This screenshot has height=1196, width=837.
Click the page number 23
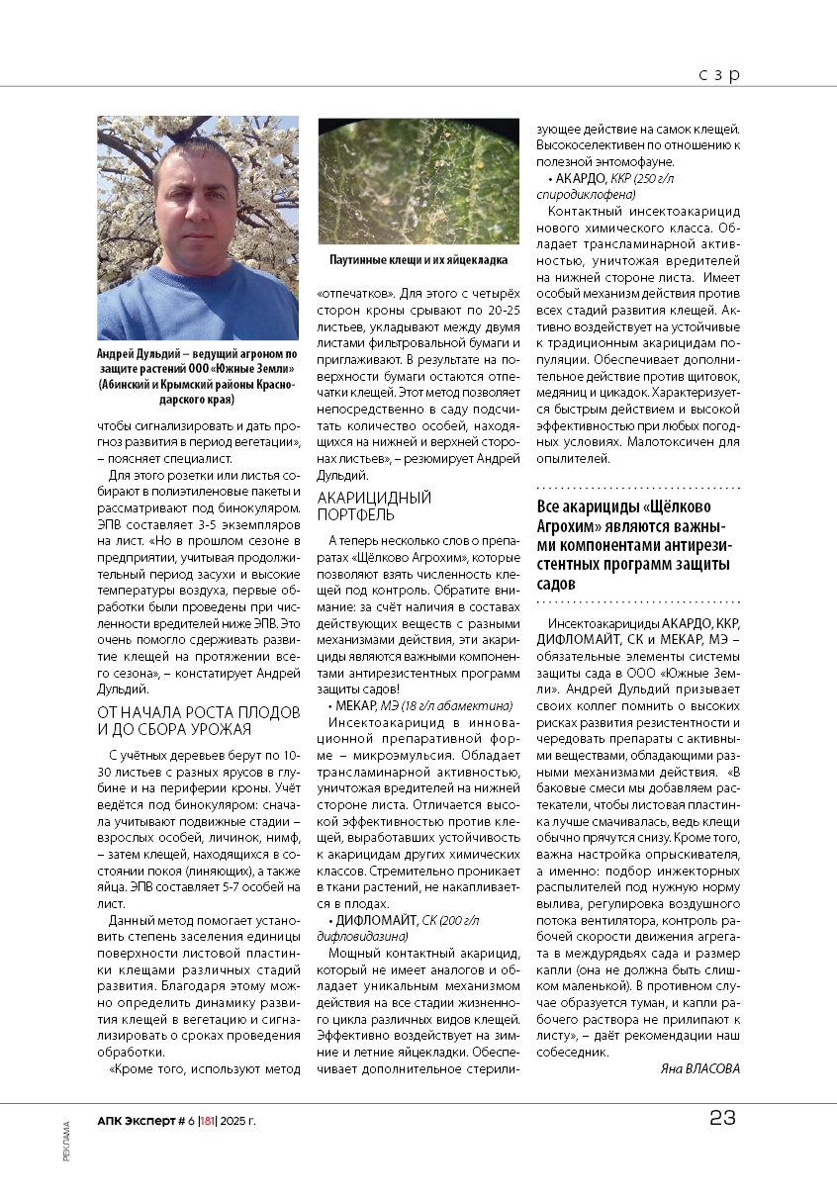coord(722,1119)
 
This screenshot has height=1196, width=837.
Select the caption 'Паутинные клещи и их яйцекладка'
coord(418,259)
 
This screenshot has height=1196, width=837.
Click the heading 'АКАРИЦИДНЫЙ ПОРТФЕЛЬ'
coord(374,506)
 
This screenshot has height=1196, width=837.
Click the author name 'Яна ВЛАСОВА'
coord(698,1068)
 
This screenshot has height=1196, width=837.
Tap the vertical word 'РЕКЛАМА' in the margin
coord(66,1141)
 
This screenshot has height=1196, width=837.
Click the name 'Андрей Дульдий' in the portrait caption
coord(135,353)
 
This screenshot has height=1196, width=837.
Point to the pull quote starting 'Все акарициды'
coord(637,544)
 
